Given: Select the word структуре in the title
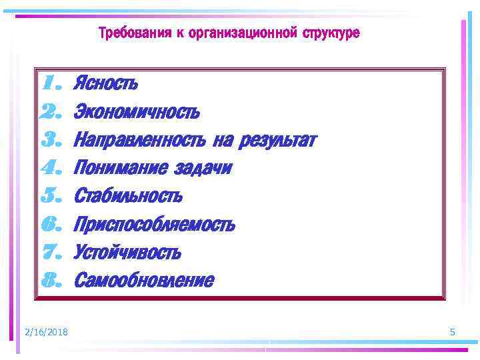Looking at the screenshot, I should click(331, 33).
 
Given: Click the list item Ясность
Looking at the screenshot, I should click(106, 84).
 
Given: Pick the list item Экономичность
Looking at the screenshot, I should click(137, 112).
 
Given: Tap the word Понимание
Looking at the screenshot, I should click(120, 169).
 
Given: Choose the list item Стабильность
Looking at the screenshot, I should click(128, 197).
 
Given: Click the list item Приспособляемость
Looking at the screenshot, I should click(154, 225).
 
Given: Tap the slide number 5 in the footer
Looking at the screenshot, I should click(453, 332).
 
